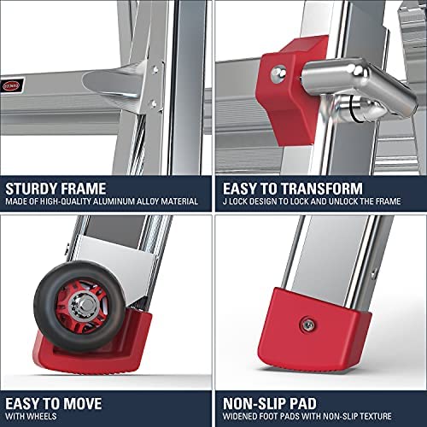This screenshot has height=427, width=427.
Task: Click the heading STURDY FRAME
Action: [x=56, y=189]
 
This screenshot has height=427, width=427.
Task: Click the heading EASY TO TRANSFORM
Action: [x=293, y=189]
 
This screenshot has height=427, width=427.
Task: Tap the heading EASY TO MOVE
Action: [x=54, y=404]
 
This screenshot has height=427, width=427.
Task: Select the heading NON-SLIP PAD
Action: [x=270, y=404]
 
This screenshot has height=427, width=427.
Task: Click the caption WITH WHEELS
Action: [x=31, y=417]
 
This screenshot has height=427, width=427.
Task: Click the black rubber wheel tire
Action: [x=79, y=306]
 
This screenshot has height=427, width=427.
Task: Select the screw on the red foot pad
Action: [x=307, y=325]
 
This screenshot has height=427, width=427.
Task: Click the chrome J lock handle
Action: [x=361, y=85]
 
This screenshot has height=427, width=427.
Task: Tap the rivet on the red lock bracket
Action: [x=278, y=74]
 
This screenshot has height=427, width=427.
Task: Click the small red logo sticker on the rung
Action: [x=11, y=85]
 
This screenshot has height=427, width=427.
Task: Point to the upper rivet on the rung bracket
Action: [x=155, y=69]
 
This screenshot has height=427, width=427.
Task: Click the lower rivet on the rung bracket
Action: [x=154, y=103]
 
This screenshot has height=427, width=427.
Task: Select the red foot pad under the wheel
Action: [x=91, y=344]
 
